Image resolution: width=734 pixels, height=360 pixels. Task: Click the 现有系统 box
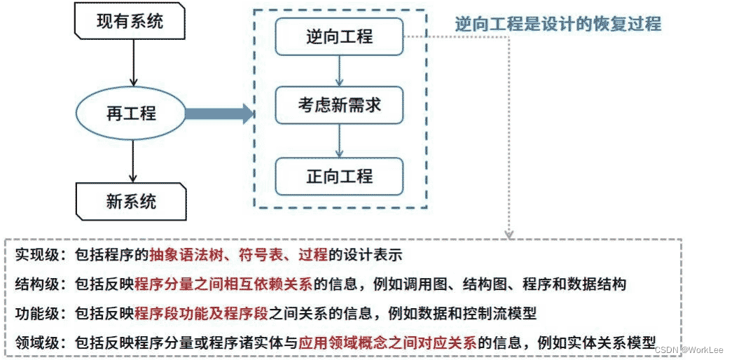130,22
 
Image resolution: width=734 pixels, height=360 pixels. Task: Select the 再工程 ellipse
131,113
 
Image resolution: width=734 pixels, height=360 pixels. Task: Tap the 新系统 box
131,202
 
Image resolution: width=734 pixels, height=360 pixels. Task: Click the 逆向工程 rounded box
339,36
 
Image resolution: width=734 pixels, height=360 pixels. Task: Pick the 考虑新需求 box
339,105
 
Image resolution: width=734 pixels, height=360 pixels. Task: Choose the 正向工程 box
339,175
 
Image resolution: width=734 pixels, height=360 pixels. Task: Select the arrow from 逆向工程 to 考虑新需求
339,70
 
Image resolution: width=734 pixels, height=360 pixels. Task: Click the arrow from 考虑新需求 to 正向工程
339,140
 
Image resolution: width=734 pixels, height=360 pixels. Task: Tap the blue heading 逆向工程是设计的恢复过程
558,23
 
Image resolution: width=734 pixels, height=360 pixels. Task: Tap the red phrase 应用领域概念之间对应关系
387,343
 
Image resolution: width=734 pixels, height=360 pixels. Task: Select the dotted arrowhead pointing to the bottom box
509,233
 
